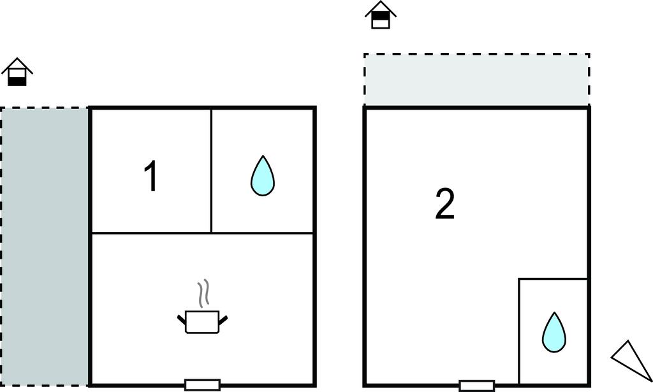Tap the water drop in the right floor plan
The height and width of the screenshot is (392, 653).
coord(554,331)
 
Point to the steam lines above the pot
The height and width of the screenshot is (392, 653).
coord(203,294)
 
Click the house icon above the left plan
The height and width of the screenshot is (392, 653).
coord(17,73)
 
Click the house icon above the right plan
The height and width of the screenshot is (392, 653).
coord(381,15)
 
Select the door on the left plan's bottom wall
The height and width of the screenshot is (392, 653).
coord(202,384)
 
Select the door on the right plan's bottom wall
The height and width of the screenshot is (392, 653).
coord(476,385)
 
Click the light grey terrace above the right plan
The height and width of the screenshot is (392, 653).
coord(476,80)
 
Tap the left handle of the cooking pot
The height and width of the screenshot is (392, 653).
coord(181,317)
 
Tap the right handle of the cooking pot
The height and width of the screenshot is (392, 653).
coord(223,317)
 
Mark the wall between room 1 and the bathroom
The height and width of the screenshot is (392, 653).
coord(211,171)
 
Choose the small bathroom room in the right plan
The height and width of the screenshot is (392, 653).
coord(553,300)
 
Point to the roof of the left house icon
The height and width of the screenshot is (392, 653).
coord(17,63)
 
